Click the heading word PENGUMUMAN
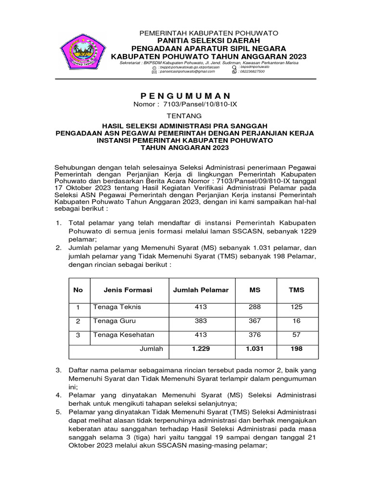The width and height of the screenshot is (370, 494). click(185, 96)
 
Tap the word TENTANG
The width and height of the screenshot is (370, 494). click(185, 116)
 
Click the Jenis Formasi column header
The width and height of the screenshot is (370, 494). click(128, 290)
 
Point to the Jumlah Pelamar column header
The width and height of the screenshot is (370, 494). click(201, 290)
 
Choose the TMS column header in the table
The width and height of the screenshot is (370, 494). click(296, 290)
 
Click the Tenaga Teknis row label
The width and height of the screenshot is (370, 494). click(117, 307)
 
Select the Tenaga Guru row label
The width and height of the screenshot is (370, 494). click(114, 321)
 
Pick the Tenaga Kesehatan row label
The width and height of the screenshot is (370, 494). click(123, 335)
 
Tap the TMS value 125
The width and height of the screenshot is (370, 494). click(296, 307)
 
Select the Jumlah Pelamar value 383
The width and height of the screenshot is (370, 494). click(201, 321)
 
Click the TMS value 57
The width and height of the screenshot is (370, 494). click(296, 335)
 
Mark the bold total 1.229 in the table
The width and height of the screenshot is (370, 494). click(201, 349)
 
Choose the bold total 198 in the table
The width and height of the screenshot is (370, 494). click(296, 349)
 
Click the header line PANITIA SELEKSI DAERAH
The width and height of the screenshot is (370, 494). click(209, 41)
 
